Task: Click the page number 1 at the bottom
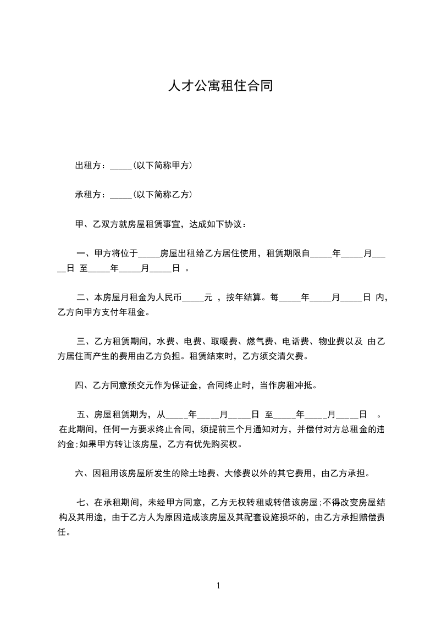pos(218,586)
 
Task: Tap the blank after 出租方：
pos(121,166)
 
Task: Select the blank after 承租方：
pos(121,195)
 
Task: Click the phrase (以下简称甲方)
pos(162,166)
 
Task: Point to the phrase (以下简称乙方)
pos(162,195)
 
